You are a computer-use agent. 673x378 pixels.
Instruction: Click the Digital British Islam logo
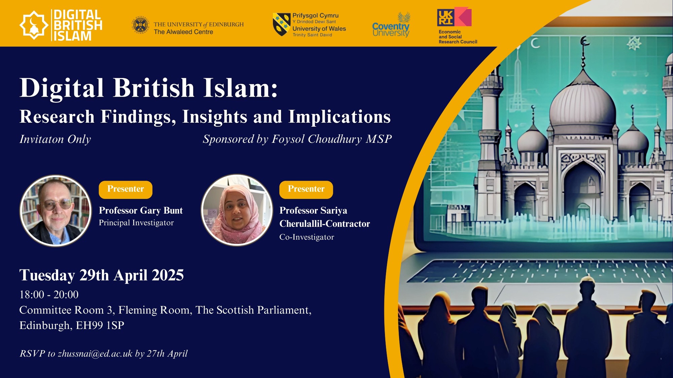pyautogui.click(x=61, y=25)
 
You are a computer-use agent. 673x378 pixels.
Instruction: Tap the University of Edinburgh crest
pyautogui.click(x=141, y=25)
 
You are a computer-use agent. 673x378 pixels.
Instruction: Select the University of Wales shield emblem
pyautogui.click(x=281, y=25)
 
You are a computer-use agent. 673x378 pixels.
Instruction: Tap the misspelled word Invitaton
pyautogui.click(x=42, y=139)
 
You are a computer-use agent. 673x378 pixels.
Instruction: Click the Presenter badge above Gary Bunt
pyautogui.click(x=126, y=190)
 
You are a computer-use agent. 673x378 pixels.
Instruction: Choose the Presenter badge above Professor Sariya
pyautogui.click(x=306, y=190)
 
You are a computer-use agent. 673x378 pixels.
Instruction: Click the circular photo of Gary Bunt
pyautogui.click(x=56, y=211)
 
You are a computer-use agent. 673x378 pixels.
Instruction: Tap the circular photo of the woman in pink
pyautogui.click(x=237, y=210)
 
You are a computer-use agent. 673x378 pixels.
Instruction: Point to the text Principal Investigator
pyautogui.click(x=136, y=223)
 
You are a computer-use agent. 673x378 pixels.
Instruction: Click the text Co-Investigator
pyautogui.click(x=307, y=237)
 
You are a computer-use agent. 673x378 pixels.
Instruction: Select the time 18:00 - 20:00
pyautogui.click(x=49, y=295)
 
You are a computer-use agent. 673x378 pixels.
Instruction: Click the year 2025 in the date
pyautogui.click(x=168, y=275)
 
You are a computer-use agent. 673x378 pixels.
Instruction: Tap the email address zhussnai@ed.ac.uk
pyautogui.click(x=95, y=353)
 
